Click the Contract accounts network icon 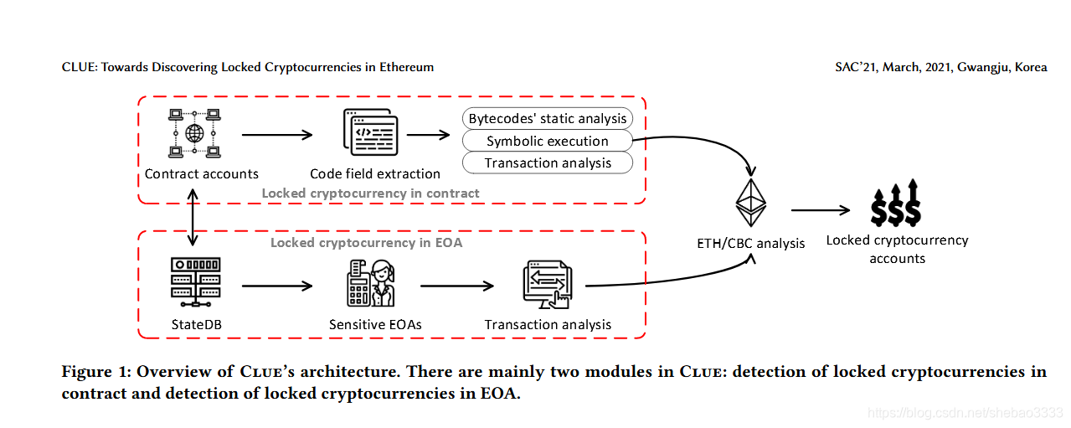point(194,133)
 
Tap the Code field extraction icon point(371,132)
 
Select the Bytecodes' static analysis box point(548,118)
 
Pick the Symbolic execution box point(548,141)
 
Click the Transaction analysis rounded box point(548,162)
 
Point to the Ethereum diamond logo point(751,203)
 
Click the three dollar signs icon point(895,203)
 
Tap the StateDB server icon point(196,282)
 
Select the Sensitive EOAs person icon point(371,283)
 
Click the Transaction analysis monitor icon point(548,285)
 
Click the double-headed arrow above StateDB point(193,217)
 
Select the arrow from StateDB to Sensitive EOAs point(277,286)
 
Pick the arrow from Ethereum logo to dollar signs point(821,209)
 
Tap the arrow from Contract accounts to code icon point(277,135)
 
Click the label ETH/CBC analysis point(750,244)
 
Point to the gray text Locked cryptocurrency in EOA point(366,242)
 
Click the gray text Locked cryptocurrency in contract point(370,193)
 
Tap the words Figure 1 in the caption point(96,372)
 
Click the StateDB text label point(197,325)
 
